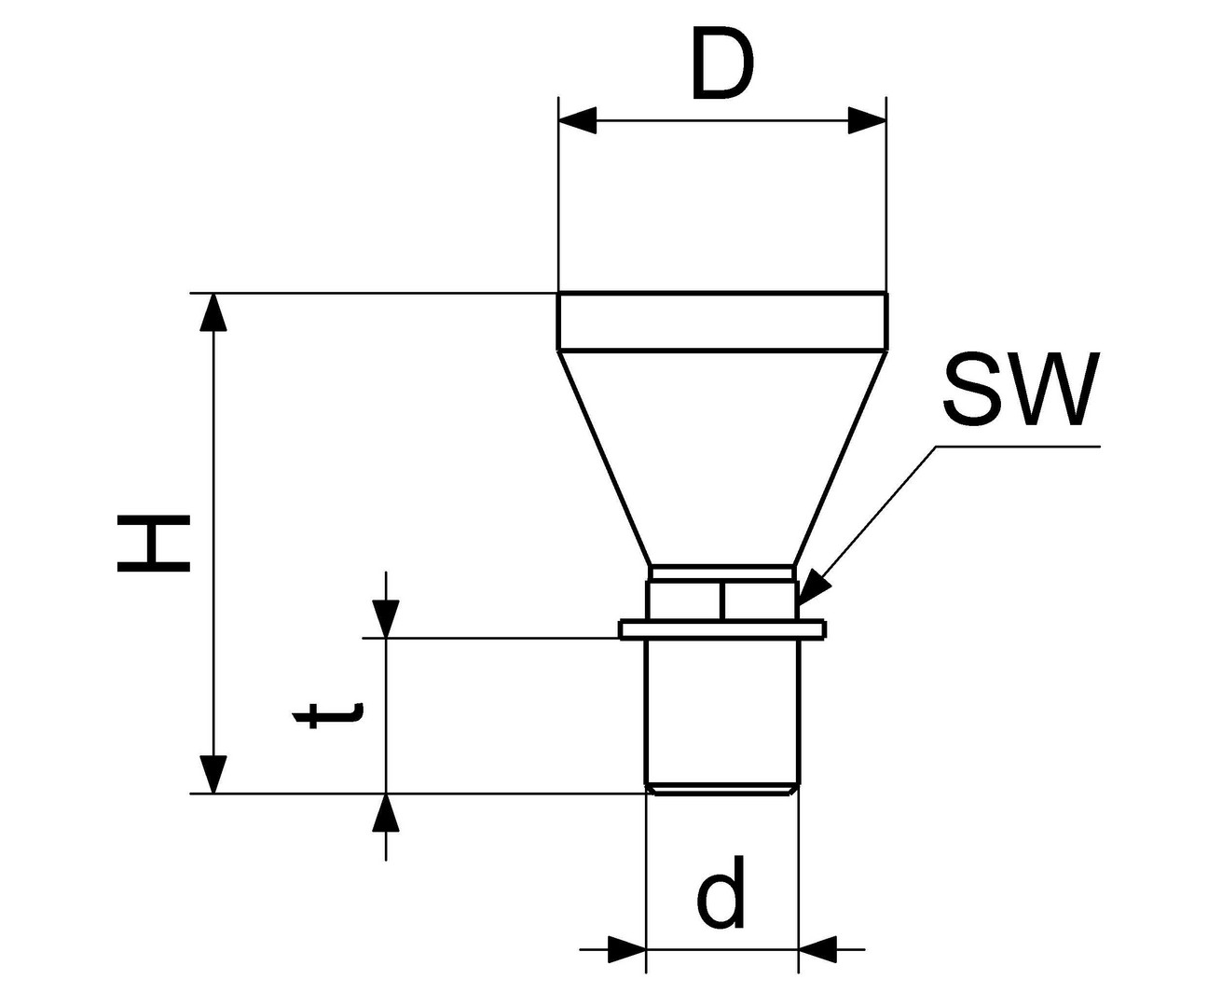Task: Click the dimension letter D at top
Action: click(x=721, y=66)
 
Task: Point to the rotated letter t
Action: click(x=326, y=715)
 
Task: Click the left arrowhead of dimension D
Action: click(x=578, y=120)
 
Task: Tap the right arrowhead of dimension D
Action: click(x=866, y=120)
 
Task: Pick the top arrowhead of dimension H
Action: click(x=214, y=312)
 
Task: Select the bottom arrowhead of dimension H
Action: click(x=214, y=775)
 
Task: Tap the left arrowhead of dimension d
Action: click(x=626, y=950)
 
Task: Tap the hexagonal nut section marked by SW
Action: click(x=721, y=600)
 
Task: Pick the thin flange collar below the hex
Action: click(x=721, y=631)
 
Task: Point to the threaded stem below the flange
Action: click(x=721, y=713)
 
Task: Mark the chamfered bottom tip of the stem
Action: click(x=721, y=791)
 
